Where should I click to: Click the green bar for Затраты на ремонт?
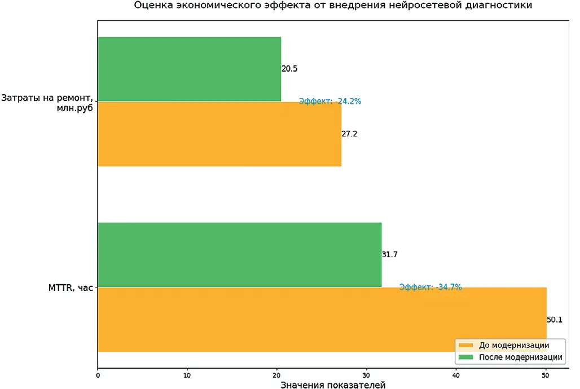click(x=189, y=69)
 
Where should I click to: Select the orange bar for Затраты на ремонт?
click(x=219, y=134)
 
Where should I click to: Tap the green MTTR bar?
click(x=239, y=254)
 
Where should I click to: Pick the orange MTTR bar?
click(x=322, y=320)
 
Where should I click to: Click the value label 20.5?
click(x=289, y=69)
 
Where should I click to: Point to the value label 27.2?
click(x=349, y=134)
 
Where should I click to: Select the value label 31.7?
click(x=390, y=255)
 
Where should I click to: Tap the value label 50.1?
click(x=555, y=320)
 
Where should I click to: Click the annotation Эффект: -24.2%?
click(x=330, y=101)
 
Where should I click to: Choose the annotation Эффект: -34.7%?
click(x=430, y=287)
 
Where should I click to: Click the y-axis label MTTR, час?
click(x=71, y=288)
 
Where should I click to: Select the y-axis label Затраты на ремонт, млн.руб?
click(x=47, y=102)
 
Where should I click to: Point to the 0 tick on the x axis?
click(x=98, y=374)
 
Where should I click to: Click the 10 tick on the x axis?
click(x=187, y=374)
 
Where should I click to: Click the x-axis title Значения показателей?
click(x=333, y=385)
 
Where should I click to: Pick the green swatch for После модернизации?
click(x=466, y=357)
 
